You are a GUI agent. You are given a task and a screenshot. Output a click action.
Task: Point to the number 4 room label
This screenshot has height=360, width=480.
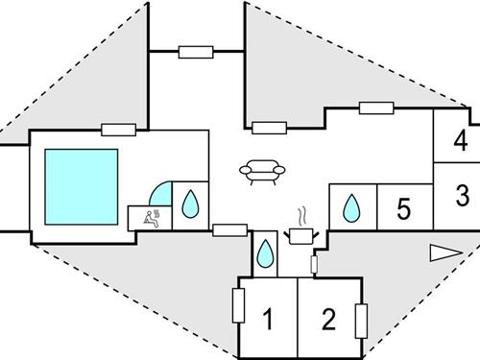(x=461, y=142)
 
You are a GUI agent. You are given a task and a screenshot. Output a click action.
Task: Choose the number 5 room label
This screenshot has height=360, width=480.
(x=404, y=208)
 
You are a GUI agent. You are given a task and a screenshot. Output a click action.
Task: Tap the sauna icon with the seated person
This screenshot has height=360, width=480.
(x=152, y=216)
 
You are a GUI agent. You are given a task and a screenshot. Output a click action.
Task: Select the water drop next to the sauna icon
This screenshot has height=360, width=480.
(x=190, y=204)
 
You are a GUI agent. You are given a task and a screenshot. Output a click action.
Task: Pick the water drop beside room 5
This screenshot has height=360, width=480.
(x=352, y=207)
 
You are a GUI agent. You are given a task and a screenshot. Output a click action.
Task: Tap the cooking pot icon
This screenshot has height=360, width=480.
(x=302, y=233)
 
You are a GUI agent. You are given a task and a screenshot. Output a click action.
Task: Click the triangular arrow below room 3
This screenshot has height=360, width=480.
(x=444, y=252)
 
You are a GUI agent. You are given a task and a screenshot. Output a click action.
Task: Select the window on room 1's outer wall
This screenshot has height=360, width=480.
(x=238, y=305)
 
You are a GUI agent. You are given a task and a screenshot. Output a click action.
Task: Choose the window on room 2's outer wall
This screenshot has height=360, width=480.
(x=361, y=319)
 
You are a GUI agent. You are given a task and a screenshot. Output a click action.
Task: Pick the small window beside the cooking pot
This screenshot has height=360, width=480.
(x=315, y=263)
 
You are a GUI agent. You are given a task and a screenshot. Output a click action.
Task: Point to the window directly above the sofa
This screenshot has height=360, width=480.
(x=269, y=126)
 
